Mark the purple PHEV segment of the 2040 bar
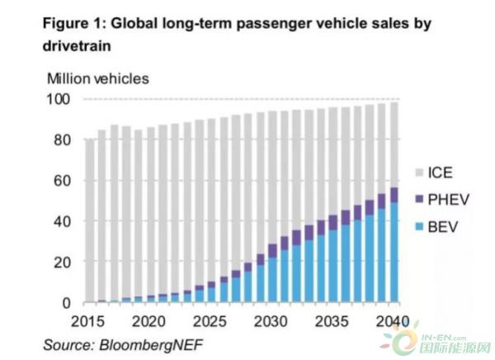[x=394, y=195]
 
